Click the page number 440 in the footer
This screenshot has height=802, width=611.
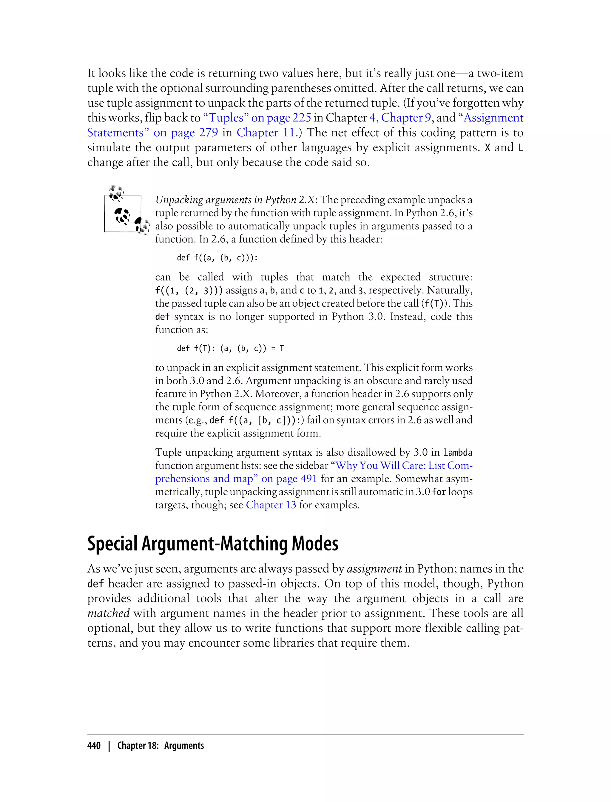coord(94,746)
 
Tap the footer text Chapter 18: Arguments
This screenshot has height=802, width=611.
coord(161,746)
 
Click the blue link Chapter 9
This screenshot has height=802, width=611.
coord(406,118)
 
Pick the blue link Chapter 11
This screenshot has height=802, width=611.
coord(266,133)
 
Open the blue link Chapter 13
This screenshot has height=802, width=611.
coord(271,505)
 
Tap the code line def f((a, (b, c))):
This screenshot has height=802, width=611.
coord(217,258)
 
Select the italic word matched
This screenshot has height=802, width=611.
coord(108,613)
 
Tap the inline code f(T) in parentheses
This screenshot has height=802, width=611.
coord(435,304)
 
